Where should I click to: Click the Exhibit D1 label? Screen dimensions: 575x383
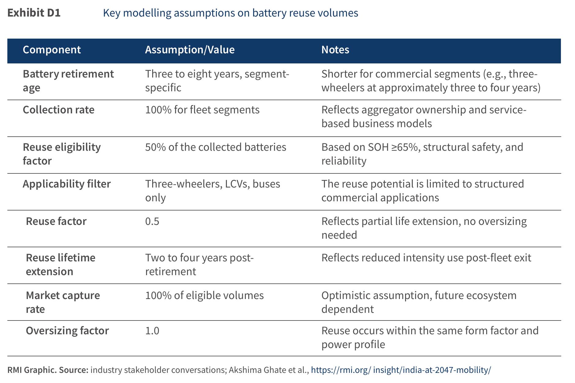[34, 13]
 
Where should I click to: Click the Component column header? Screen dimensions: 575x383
[52, 50]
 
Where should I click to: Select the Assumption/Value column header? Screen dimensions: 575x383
[190, 50]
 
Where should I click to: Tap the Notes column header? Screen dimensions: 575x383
[335, 50]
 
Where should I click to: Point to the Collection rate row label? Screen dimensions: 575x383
[58, 110]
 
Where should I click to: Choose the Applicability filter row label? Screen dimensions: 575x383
[67, 184]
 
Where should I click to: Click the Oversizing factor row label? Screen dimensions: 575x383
[67, 331]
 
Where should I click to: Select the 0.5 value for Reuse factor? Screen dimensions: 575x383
[152, 221]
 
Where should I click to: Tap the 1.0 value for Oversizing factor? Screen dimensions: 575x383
[152, 331]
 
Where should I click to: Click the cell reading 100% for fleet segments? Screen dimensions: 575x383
[202, 110]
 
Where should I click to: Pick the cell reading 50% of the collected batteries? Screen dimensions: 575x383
[216, 147]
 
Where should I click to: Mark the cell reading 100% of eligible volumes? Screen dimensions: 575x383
[204, 295]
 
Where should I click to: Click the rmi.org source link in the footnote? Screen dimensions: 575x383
[401, 370]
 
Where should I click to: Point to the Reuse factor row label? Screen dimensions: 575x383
[56, 221]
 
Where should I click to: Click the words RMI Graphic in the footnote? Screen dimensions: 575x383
[32, 370]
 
